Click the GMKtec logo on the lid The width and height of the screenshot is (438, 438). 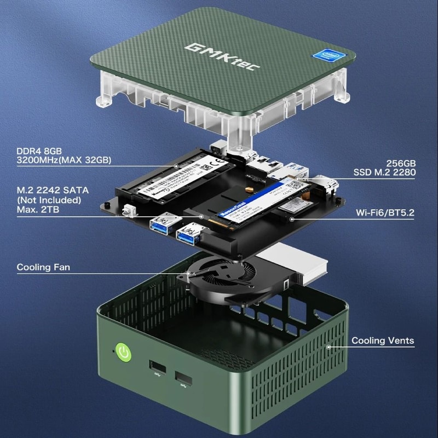[222, 56]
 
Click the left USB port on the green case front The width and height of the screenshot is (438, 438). [156, 367]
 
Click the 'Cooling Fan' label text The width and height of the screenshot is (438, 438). [43, 267]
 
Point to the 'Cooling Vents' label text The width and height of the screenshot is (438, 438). [383, 341]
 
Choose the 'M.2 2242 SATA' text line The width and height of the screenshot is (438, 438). [53, 190]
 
